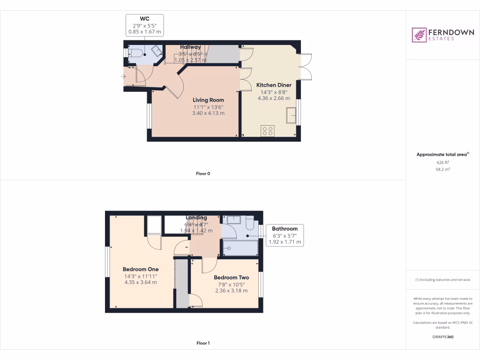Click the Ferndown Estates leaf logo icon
[419, 35]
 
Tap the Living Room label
[209, 100]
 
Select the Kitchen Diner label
[274, 85]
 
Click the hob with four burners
[268, 131]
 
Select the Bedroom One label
[141, 270]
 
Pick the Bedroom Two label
[231, 277]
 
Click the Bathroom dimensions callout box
[285, 235]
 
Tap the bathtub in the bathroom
[240, 248]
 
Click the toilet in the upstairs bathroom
[250, 225]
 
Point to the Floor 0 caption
[203, 173]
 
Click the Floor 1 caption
[203, 343]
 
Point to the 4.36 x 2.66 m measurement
[274, 98]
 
